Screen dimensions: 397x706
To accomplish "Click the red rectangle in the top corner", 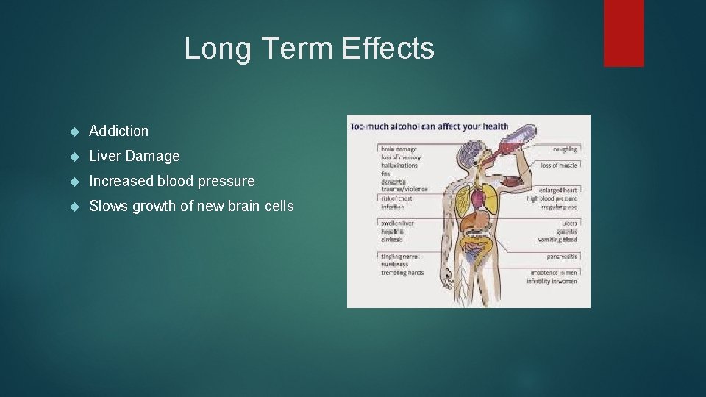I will point(624,32).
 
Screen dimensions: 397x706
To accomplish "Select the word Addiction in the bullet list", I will point(118,131).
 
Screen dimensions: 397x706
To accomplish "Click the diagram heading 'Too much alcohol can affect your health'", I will point(429,126).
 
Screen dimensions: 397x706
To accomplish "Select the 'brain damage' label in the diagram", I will point(399,149).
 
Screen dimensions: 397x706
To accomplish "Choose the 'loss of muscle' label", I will point(559,165).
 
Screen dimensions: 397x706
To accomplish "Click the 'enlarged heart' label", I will point(557,190).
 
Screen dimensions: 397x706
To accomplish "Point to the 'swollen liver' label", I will point(397,223).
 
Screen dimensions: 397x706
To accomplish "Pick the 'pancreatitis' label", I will point(562,257).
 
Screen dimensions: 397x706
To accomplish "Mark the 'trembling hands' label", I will point(402,273).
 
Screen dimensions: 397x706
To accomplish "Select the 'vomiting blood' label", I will point(557,240).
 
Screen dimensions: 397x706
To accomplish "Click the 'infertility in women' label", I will point(553,281).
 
